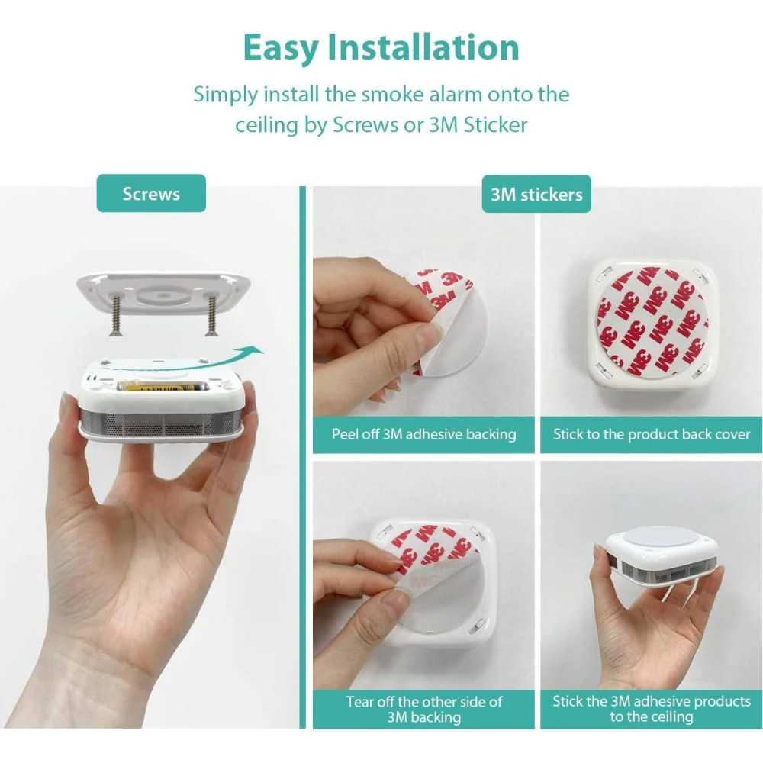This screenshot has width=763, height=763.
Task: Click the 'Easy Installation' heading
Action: click(x=381, y=47)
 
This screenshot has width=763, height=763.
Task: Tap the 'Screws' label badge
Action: click(x=151, y=193)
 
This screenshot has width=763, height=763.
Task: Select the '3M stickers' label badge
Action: click(x=536, y=194)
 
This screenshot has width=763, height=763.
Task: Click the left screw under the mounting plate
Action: click(x=116, y=317)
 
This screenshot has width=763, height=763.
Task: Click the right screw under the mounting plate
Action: click(x=211, y=317)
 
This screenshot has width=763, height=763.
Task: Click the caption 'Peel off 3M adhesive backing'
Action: click(x=423, y=434)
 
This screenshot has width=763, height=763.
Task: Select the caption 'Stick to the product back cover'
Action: click(x=652, y=434)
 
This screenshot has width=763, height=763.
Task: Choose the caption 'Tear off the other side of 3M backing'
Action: click(x=423, y=709)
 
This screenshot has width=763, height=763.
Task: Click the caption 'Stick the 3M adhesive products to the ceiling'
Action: click(x=652, y=709)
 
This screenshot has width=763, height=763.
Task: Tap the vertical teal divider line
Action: click(x=303, y=457)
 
